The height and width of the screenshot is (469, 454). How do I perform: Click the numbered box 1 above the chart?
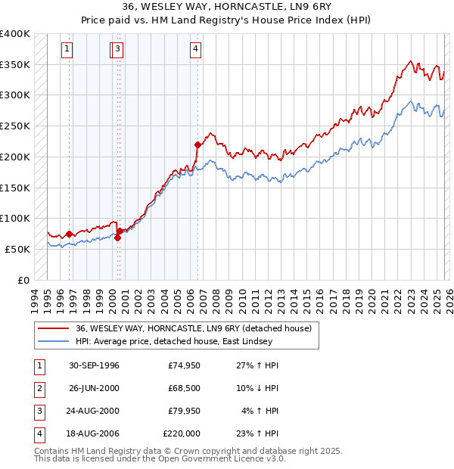(x=67, y=50)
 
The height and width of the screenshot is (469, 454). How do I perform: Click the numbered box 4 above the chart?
(x=195, y=50)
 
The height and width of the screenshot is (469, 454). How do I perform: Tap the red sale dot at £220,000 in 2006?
(x=197, y=144)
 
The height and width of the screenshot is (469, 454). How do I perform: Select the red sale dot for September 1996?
(x=69, y=234)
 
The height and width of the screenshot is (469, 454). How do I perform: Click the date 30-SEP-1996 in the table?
(x=94, y=365)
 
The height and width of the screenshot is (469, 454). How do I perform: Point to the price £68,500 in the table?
(x=184, y=389)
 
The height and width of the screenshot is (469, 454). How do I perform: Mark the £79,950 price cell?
(x=184, y=412)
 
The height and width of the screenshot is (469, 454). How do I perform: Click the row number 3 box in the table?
(x=38, y=412)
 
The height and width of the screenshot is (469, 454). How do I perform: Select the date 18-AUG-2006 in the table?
(x=94, y=434)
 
